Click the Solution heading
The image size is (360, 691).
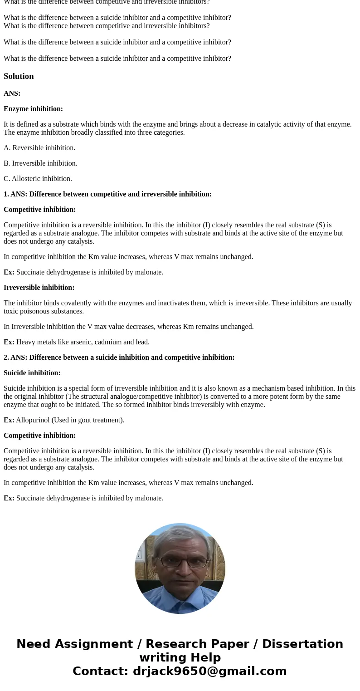(19, 76)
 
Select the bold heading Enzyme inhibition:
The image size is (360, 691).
(33, 109)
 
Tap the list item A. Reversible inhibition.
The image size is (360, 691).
(39, 148)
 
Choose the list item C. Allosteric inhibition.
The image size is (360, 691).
(38, 179)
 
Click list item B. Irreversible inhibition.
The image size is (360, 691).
(40, 163)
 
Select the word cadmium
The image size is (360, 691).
(115, 342)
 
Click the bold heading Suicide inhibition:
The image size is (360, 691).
(32, 373)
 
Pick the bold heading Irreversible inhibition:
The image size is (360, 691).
(39, 288)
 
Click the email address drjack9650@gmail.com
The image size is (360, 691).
(209, 671)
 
